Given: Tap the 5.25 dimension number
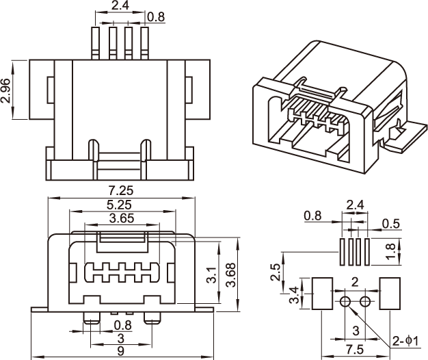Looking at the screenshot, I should pos(120,205).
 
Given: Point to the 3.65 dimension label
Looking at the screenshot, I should pos(122,218).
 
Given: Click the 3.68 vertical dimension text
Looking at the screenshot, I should pos(231,274).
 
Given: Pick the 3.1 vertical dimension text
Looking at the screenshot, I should pos(212,276).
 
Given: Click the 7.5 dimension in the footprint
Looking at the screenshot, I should pos(355,349).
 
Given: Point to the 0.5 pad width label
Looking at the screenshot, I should pos(392,223).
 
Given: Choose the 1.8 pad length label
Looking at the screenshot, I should pos(390,252).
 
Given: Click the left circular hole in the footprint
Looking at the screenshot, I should pos(345,302).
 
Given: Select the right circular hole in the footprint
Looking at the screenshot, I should pos(365,302).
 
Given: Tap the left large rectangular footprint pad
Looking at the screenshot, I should pos(322,294).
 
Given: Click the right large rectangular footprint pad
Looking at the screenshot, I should pos(388,294).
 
